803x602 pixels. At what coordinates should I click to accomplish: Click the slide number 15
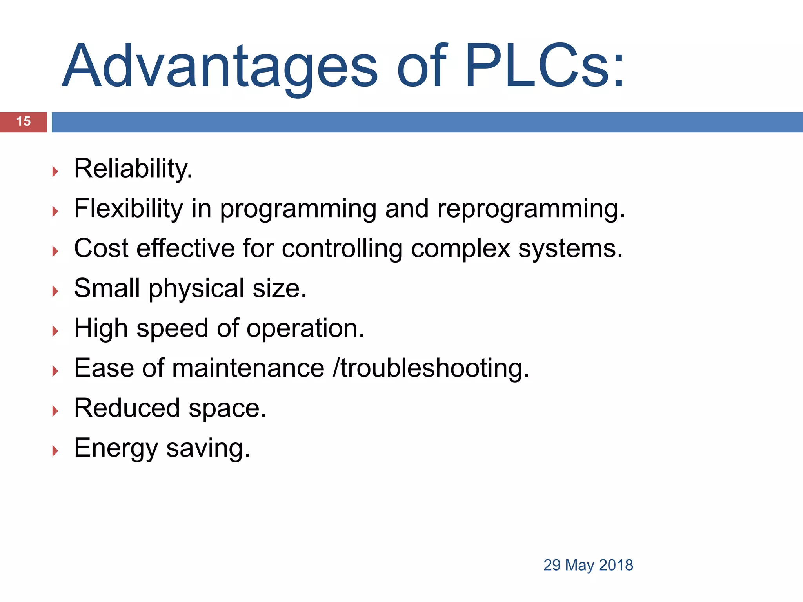click(x=24, y=121)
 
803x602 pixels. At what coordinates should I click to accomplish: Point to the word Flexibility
click(x=129, y=209)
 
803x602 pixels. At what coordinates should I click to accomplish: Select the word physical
click(x=196, y=289)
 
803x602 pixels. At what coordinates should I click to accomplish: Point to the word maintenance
click(x=248, y=368)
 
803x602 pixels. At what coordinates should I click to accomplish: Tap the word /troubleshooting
click(x=431, y=369)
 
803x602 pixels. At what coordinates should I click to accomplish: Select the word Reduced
click(x=127, y=408)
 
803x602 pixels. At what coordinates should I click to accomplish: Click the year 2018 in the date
click(x=616, y=565)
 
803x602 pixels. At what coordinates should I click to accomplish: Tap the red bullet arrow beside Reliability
click(x=55, y=171)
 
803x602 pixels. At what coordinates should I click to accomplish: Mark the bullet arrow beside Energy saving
click(x=55, y=451)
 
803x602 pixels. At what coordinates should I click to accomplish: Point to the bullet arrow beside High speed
click(x=55, y=331)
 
